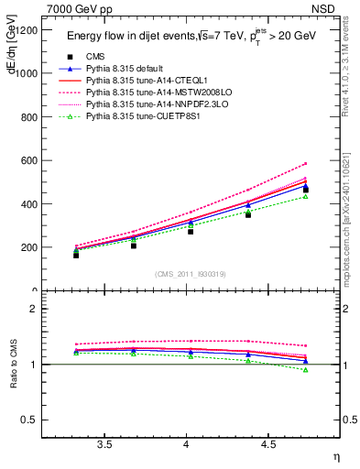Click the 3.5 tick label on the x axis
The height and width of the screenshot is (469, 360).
(105, 445)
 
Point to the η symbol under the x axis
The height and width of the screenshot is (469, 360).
(334, 456)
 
